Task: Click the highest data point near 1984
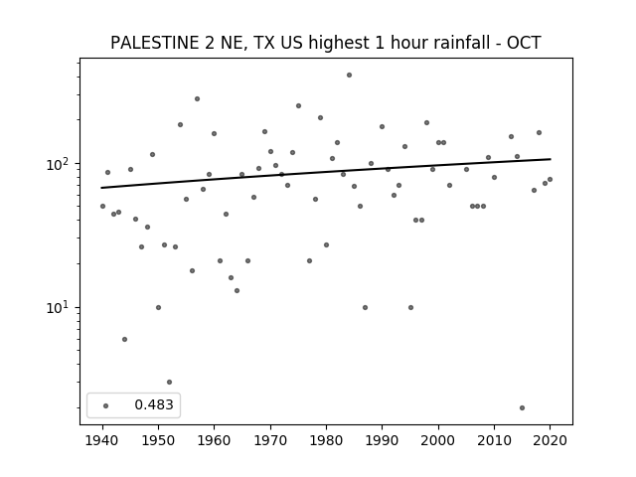tap(349, 76)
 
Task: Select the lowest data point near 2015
tap(522, 408)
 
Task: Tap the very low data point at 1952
tap(170, 382)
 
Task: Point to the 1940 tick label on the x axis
tap(102, 440)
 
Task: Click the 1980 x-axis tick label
tap(326, 440)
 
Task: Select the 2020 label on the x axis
tap(550, 440)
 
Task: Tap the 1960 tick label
tap(215, 440)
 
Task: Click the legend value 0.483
tap(154, 404)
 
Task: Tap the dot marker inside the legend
tap(106, 405)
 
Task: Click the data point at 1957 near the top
tap(197, 99)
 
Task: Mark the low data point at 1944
tap(124, 340)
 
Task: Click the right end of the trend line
tap(551, 159)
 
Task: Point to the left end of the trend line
tap(101, 188)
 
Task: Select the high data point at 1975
tap(298, 106)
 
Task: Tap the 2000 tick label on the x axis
tap(438, 440)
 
